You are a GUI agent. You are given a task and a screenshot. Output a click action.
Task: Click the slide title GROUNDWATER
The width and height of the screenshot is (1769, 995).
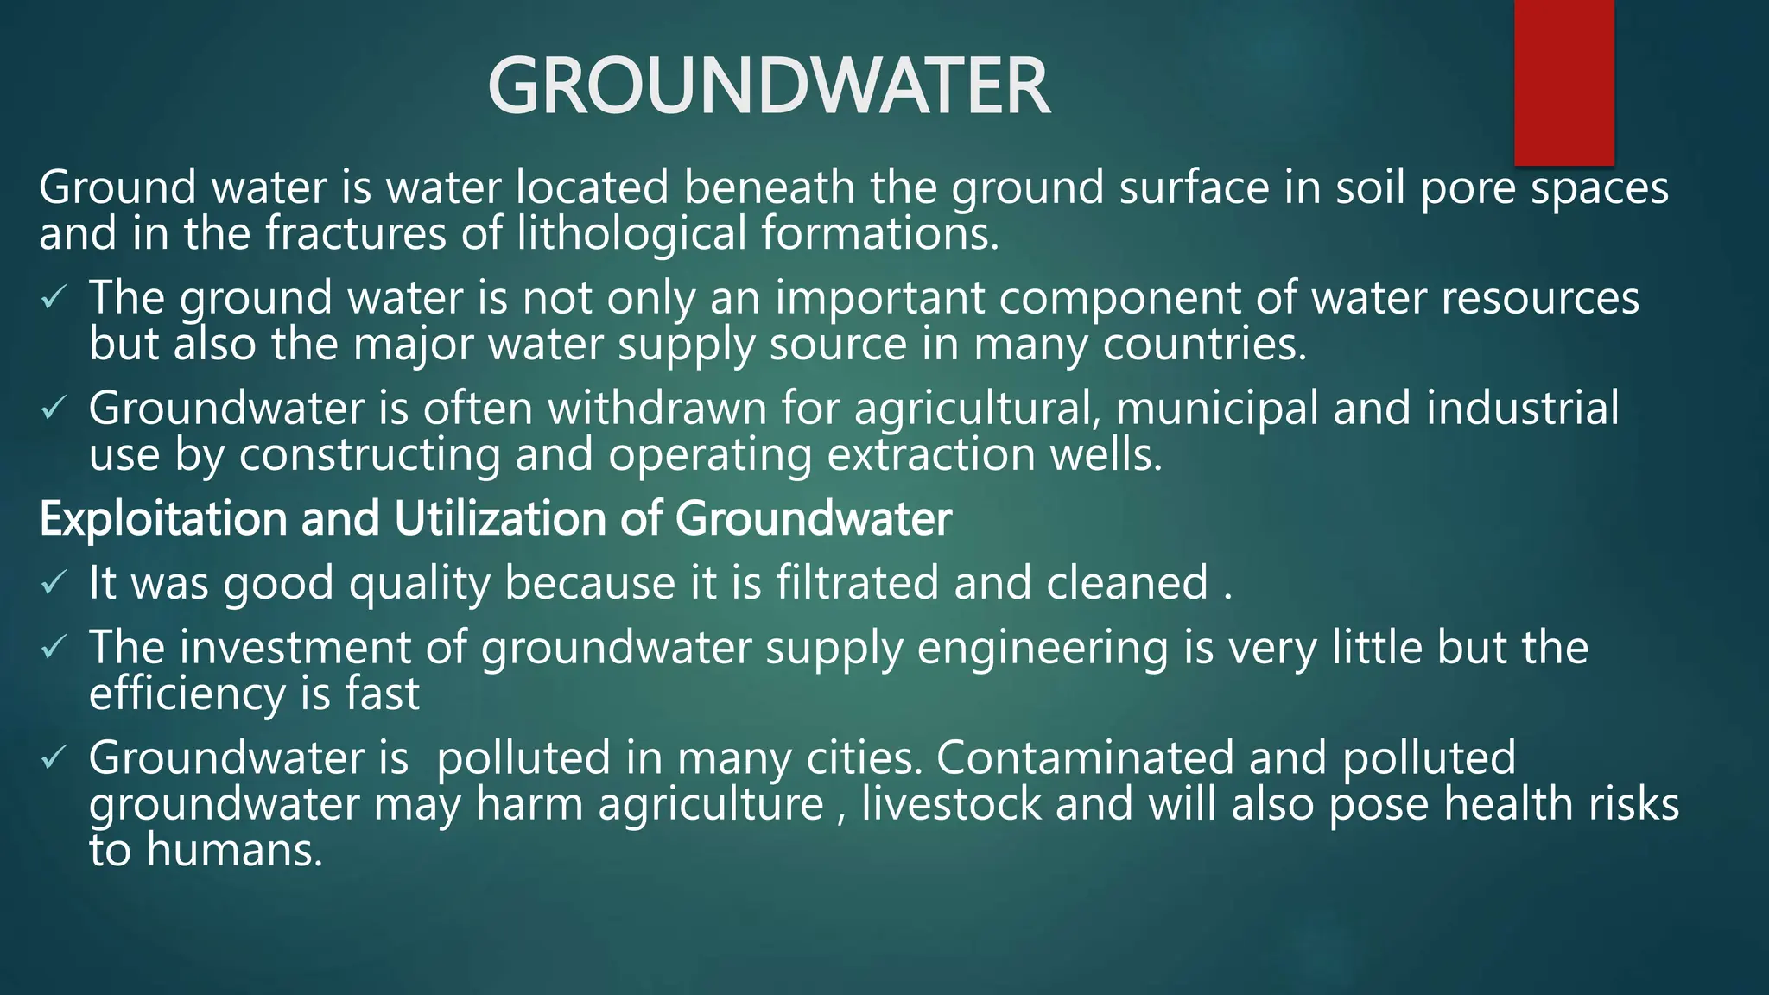click(769, 86)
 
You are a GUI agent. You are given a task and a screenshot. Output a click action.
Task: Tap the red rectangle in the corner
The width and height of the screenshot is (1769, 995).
click(1563, 82)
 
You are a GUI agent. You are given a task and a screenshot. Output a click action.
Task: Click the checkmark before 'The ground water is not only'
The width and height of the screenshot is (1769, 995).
click(53, 299)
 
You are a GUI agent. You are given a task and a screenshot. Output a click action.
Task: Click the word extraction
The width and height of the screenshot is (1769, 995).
click(930, 454)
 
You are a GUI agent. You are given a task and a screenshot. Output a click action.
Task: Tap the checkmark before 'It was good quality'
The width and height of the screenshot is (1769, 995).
click(53, 584)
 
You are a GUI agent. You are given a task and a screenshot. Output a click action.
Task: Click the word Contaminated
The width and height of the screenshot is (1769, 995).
click(1084, 757)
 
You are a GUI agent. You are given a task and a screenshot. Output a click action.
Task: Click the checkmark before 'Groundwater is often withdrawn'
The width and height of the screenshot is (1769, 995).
click(53, 409)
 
